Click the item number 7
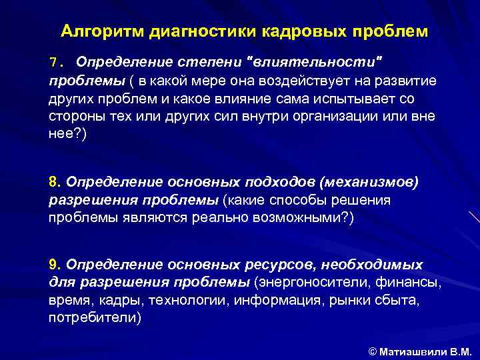(53, 63)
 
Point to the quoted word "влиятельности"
(316, 63)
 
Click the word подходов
(275, 183)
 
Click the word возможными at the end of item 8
(300, 218)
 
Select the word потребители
(93, 318)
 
